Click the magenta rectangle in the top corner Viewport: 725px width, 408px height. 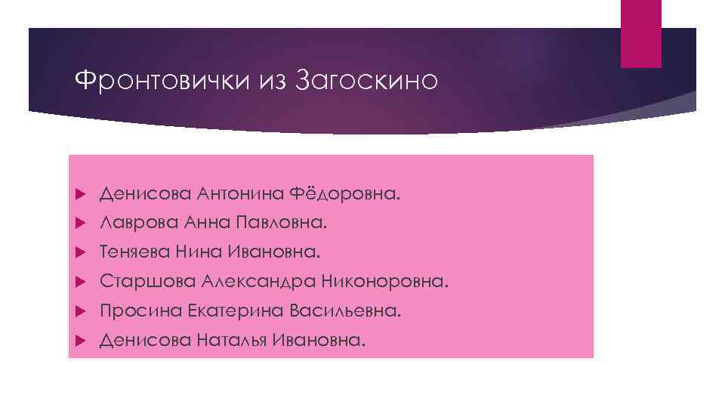pyautogui.click(x=640, y=33)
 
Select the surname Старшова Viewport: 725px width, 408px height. pyautogui.click(x=147, y=282)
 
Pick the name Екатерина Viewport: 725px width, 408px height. pyautogui.click(x=226, y=311)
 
